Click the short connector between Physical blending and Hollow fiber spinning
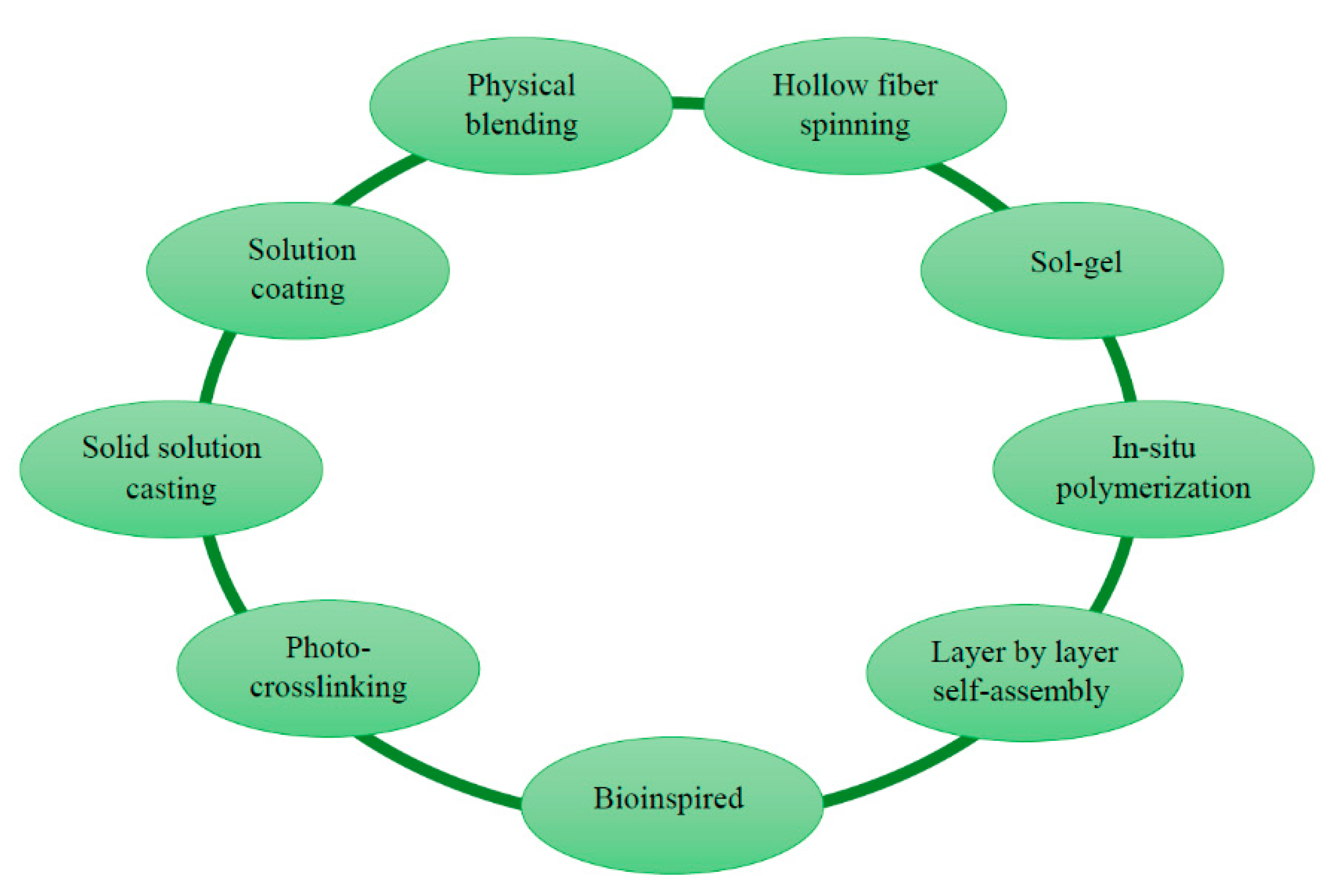tap(687, 103)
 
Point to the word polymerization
tap(1153, 487)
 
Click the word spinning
tap(854, 124)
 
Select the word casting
tap(171, 488)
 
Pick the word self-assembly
tap(1021, 691)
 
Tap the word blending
tap(521, 124)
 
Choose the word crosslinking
tap(328, 686)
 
